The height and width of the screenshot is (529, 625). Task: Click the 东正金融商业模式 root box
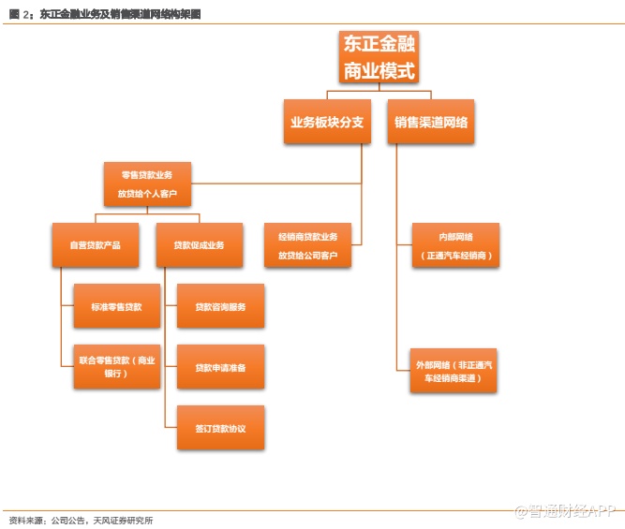point(379,57)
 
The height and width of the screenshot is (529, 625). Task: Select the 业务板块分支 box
point(327,122)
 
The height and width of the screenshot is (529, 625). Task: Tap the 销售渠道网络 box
point(431,122)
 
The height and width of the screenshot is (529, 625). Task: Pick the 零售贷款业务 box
point(147,184)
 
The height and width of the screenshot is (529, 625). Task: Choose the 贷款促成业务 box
point(199,245)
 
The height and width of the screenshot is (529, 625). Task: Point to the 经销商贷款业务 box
point(307,245)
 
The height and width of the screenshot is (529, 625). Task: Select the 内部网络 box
point(455,245)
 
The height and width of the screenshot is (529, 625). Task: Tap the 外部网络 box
point(455,370)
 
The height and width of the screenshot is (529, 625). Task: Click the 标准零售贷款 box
point(117,307)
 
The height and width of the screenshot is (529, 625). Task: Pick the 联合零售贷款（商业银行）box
point(117,366)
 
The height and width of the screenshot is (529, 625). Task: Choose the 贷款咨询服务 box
point(220,307)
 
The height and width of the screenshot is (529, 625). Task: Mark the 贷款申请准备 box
point(220,367)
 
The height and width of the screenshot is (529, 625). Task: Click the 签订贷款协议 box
point(220,428)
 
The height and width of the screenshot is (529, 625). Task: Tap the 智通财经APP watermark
point(562,511)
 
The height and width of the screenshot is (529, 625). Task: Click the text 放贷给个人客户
point(147,195)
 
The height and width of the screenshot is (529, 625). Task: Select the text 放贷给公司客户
point(307,256)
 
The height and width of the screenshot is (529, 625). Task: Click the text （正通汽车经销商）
point(455,256)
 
